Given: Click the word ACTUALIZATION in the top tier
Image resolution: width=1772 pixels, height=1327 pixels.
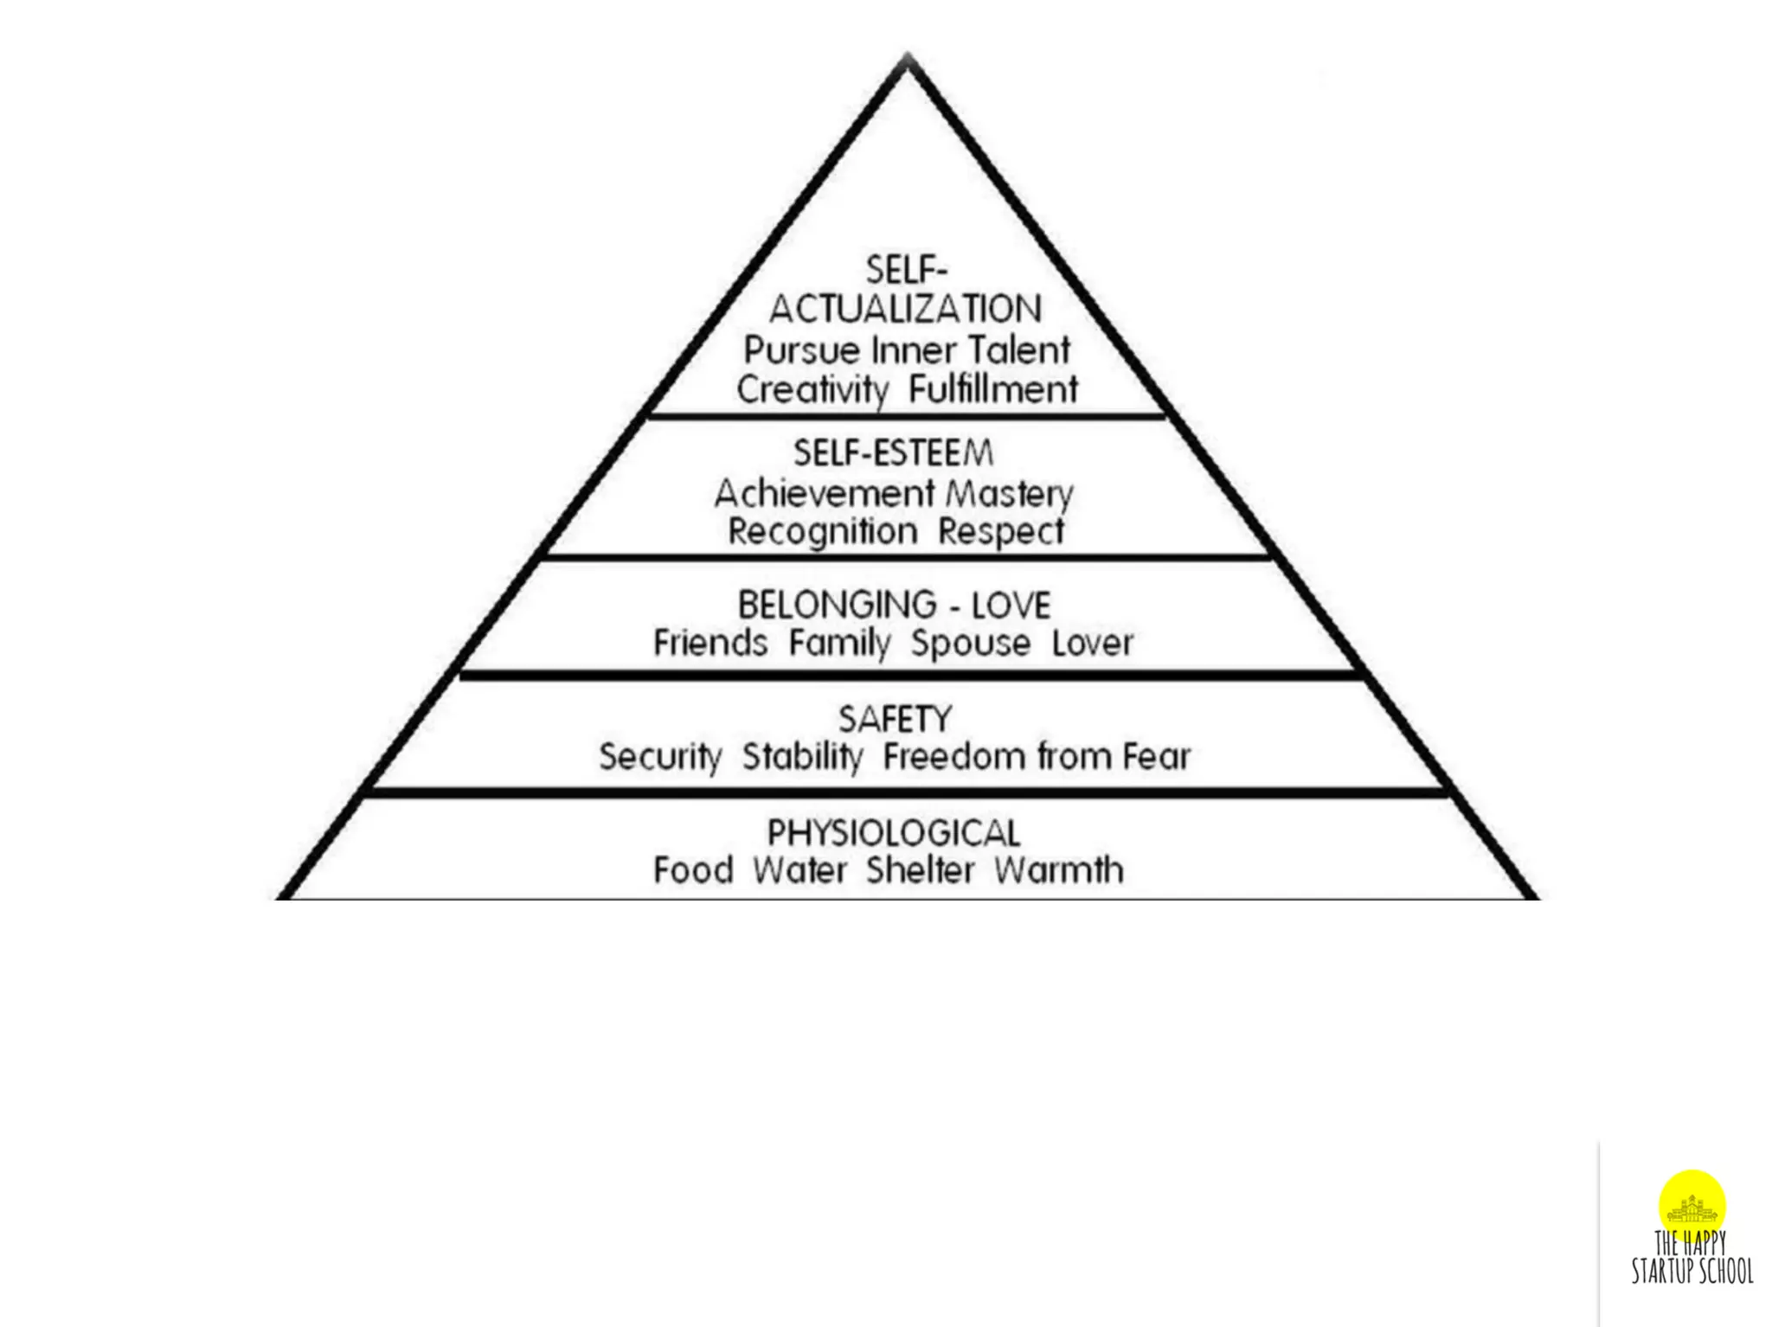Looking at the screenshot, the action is tap(905, 310).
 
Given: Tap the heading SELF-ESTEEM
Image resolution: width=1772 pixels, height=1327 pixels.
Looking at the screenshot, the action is tap(893, 453).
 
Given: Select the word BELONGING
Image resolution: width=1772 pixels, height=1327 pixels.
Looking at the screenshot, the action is tap(825, 605).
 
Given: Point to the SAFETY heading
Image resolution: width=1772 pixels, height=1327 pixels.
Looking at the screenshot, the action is tap(895, 720).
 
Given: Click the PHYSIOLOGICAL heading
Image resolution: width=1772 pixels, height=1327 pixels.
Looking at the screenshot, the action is tap(894, 833).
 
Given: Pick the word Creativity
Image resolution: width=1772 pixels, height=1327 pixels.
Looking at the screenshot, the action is tap(812, 390).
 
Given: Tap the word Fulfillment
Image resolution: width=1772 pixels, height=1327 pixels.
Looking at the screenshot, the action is tap(992, 389).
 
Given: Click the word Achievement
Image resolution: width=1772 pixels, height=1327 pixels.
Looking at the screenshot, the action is tap(825, 494).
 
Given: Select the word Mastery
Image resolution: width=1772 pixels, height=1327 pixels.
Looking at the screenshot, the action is tap(1009, 494).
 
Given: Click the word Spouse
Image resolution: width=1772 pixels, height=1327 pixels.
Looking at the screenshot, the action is tap(970, 644).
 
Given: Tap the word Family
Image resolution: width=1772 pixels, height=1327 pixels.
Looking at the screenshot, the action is tap(839, 644).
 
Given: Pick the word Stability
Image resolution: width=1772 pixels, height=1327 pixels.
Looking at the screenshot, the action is tap(802, 757).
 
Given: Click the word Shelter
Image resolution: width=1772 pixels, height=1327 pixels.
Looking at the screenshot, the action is tap(921, 870).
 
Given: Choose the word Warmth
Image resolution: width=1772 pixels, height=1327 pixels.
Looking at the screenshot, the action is tap(1058, 870).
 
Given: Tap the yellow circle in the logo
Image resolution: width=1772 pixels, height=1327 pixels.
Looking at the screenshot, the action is tap(1692, 1202).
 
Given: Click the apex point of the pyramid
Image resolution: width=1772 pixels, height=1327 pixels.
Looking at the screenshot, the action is tap(907, 57).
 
